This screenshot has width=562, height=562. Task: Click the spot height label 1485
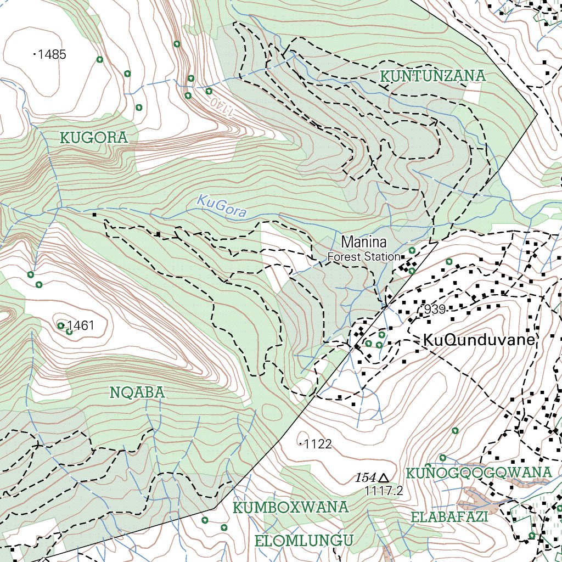coord(52,54)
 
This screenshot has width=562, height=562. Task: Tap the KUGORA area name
coord(93,138)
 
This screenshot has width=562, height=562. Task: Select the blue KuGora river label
coord(222,207)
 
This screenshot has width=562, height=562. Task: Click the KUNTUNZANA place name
coord(433,76)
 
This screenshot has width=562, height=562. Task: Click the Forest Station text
coord(363,256)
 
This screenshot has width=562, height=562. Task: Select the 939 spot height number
coord(435,310)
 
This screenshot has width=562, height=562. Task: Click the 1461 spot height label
coord(81,325)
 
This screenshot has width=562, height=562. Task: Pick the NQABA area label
coord(137,392)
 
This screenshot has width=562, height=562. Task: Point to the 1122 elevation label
coord(318,444)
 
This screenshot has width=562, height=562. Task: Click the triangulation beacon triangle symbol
coord(384,478)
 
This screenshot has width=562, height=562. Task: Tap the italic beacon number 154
coord(365,478)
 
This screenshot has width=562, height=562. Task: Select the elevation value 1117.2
coord(384,491)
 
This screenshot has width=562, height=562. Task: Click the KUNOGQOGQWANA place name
coord(479,473)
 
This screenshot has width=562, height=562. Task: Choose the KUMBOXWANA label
coord(291,507)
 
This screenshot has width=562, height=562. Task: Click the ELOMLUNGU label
coord(304,541)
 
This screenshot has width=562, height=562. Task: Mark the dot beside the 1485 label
coord(35,54)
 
